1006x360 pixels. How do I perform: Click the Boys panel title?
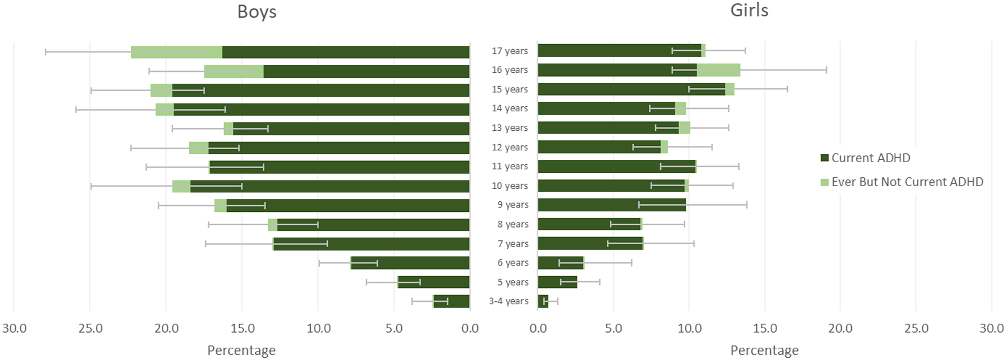257,12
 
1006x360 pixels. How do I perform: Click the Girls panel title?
749,10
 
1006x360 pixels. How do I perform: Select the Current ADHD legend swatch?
824,158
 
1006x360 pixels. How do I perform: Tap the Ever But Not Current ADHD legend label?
907,182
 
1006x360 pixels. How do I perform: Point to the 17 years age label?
509,51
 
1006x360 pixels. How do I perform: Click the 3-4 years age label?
509,301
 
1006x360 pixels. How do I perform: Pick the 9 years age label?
513,205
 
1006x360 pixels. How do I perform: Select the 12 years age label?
509,147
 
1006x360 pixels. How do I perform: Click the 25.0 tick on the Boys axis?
90,329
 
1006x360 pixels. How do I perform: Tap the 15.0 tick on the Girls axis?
765,329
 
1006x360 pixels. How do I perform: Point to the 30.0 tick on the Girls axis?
991,329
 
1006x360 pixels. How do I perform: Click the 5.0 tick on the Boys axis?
394,329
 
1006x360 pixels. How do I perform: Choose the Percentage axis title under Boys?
241,350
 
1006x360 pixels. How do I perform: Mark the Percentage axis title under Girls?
764,350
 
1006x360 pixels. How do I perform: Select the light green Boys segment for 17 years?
177,52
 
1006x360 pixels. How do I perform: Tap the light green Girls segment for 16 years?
718,70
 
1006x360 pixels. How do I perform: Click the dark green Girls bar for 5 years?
557,282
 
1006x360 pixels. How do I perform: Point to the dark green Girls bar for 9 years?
611,205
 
